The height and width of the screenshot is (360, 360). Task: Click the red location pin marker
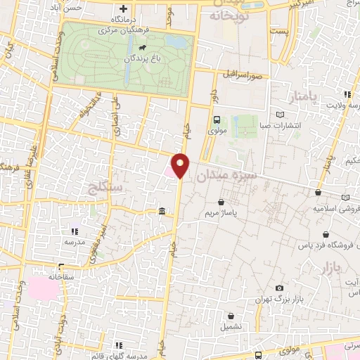pos(181,166)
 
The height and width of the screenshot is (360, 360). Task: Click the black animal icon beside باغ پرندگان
pos(142,49)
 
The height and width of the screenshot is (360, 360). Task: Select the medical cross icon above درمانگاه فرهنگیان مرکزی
pos(124,8)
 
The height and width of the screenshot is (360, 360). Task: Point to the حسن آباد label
pos(67,8)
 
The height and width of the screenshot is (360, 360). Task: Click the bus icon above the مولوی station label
pos(217,119)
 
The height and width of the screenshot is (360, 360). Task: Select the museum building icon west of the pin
pos(162,211)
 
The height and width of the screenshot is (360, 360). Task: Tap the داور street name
pos(213,91)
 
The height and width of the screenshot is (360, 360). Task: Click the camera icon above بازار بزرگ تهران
pos(280,288)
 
